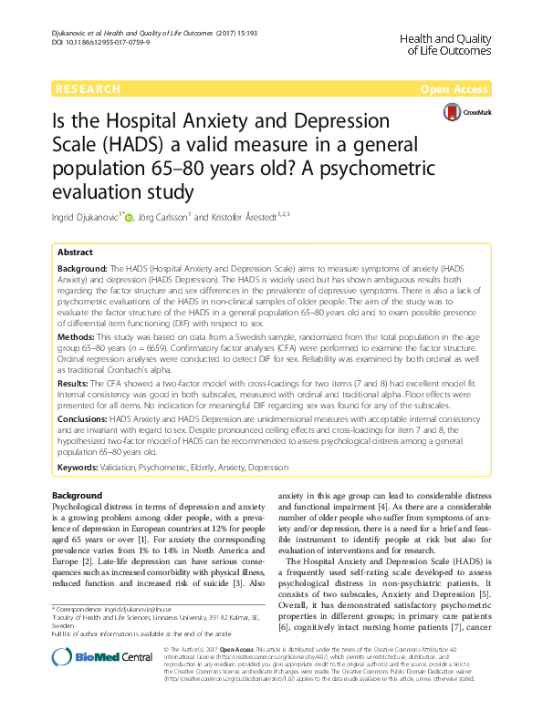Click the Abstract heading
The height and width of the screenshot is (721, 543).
pyautogui.click(x=76, y=252)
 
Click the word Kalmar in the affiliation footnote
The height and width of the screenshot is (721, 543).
pyautogui.click(x=207, y=616)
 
